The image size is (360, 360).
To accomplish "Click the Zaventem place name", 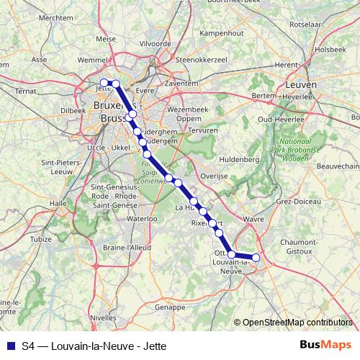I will pyautogui.click(x=181, y=84).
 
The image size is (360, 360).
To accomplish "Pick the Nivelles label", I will pyautogui.click(x=103, y=316).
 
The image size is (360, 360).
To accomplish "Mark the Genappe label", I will pyautogui.click(x=170, y=307).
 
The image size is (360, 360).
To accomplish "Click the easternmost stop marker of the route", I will pyautogui.click(x=256, y=257).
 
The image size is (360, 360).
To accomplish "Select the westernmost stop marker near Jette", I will pyautogui.click(x=104, y=82).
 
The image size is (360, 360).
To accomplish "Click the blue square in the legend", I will pyautogui.click(x=10, y=346).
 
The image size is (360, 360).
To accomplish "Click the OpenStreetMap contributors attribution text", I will pyautogui.click(x=297, y=322).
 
